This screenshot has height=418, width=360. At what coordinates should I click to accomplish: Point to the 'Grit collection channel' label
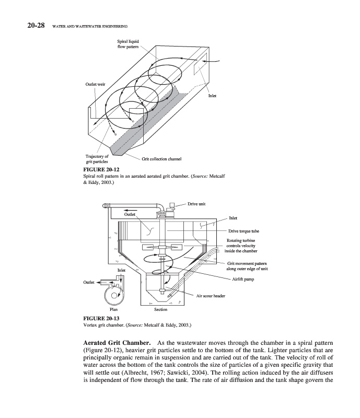click(x=161, y=158)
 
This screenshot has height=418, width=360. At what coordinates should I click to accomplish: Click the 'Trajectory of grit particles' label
click(x=97, y=159)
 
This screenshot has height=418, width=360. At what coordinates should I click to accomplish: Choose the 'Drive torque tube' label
click(x=243, y=230)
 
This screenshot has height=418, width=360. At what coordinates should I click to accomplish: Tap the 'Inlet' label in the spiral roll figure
click(x=212, y=96)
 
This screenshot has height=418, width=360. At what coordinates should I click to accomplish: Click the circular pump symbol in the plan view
click(x=111, y=296)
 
